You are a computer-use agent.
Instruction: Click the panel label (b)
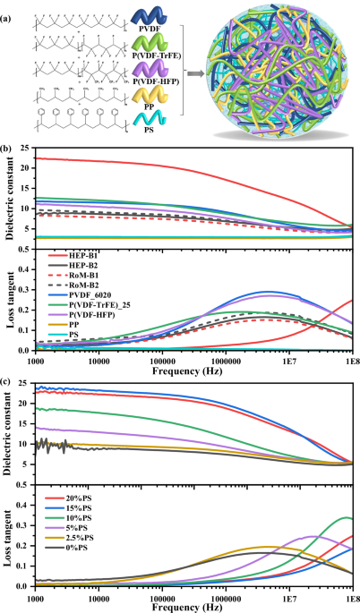(x=8, y=140)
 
